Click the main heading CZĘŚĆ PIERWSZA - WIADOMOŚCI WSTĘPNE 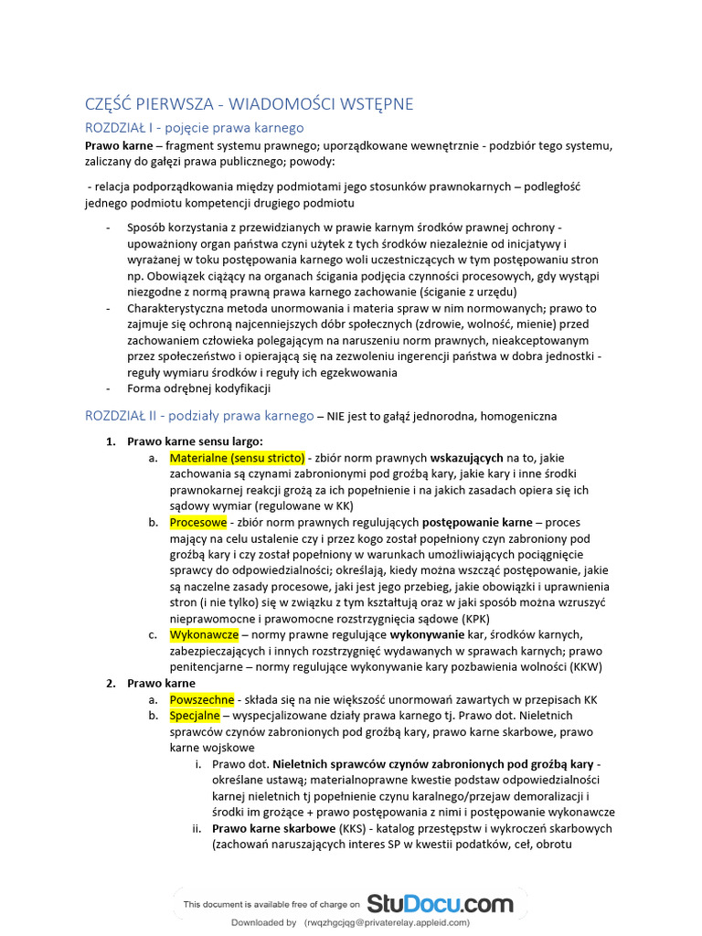249,104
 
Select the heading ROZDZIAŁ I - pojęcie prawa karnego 194,128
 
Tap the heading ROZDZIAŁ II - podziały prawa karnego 199,416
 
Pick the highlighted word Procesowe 198,523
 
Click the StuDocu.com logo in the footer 440,904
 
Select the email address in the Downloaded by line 388,923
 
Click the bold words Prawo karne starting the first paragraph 117,146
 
